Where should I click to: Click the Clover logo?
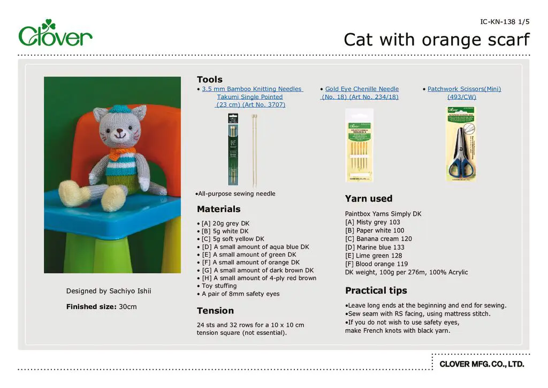coord(55,33)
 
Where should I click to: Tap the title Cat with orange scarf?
coord(436,40)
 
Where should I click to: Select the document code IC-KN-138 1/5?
coord(505,21)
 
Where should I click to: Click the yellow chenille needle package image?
coord(359,145)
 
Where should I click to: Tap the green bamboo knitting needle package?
coord(233,149)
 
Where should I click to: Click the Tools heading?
coord(209,80)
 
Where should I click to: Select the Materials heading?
coord(218,209)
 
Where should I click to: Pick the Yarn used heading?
coord(368,199)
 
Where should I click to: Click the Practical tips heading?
coord(376,290)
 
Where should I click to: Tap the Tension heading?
coord(215,311)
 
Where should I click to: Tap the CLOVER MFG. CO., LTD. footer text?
coord(482,364)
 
